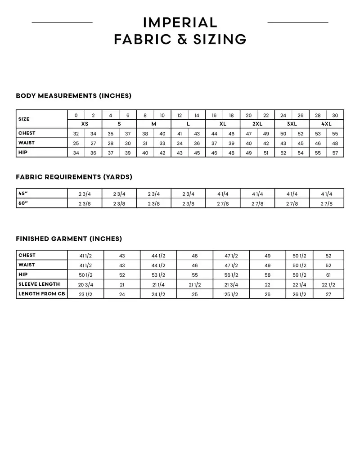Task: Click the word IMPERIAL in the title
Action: tap(180, 22)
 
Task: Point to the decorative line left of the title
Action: tap(62, 22)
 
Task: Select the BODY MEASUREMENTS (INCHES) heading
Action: tap(73, 96)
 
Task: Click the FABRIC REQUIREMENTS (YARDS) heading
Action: tap(74, 177)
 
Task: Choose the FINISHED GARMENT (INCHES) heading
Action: tap(69, 239)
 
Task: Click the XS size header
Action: tap(85, 124)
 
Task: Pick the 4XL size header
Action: tap(326, 124)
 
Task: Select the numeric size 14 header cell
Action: tap(197, 115)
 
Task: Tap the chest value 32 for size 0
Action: tap(76, 134)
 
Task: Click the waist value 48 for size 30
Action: tap(335, 144)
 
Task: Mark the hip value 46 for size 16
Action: tap(214, 153)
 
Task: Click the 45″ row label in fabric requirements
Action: tap(23, 193)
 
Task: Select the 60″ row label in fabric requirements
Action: tap(23, 203)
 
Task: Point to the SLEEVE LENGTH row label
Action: tap(39, 284)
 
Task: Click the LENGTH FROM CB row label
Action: tap(42, 294)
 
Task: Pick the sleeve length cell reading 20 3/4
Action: tap(85, 284)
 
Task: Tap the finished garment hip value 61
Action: tap(328, 275)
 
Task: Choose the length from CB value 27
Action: tap(328, 294)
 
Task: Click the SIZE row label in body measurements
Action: tap(24, 119)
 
